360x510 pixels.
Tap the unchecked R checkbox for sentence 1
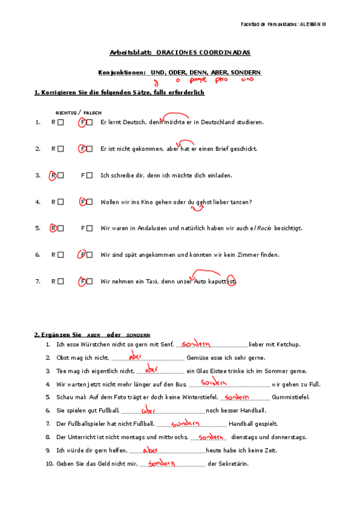coord(60,123)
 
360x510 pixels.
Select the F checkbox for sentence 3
coord(90,176)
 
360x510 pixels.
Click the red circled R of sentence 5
coord(53,229)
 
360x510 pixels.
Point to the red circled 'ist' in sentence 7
coord(232,281)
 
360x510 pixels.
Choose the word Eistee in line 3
coord(224,371)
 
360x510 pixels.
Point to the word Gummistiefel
coord(291,398)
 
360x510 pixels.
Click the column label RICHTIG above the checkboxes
coord(66,112)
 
